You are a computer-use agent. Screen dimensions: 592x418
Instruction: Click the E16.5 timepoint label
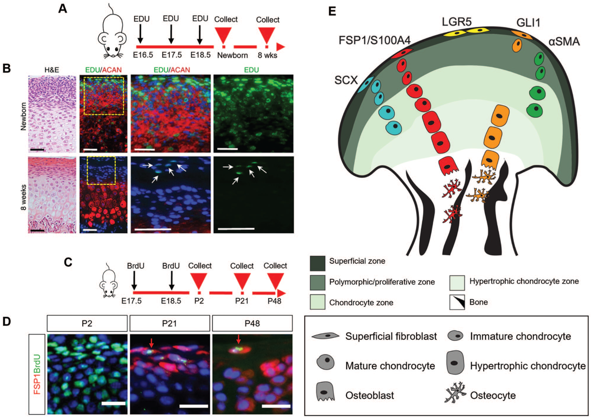143,55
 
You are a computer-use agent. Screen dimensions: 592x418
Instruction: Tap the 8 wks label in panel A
267,55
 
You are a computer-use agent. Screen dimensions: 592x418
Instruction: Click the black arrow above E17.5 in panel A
171,34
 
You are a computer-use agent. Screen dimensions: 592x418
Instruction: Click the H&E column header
52,70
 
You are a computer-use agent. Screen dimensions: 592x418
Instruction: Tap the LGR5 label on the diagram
457,22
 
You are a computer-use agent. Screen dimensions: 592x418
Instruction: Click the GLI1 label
528,23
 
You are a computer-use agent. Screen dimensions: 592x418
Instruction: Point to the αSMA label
564,42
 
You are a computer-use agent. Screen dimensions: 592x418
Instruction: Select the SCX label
346,80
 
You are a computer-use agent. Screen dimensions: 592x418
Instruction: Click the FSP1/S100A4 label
374,40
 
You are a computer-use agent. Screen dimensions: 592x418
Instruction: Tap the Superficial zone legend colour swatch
318,263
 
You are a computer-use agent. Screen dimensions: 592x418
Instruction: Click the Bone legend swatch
457,302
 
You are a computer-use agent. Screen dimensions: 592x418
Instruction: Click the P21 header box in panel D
170,323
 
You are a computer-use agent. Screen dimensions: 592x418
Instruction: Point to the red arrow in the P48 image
238,339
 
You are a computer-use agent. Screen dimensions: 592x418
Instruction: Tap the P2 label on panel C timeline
199,301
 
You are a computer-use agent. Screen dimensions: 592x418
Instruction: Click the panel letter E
332,11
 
